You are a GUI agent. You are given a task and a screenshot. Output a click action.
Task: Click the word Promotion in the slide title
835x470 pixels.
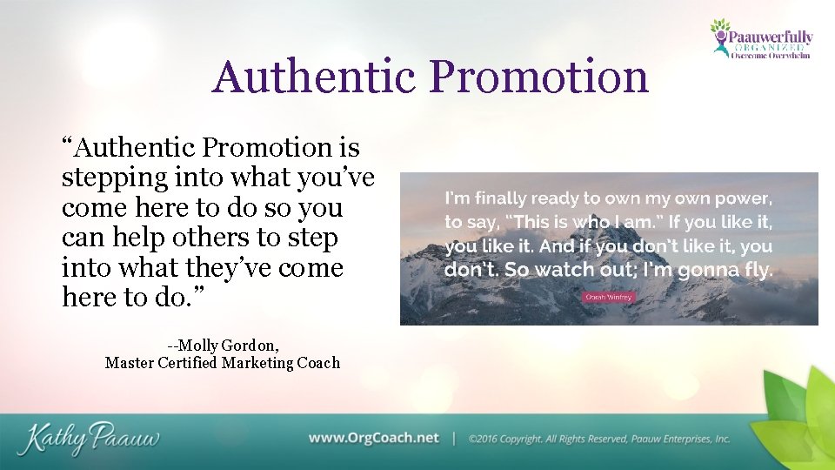click(x=540, y=77)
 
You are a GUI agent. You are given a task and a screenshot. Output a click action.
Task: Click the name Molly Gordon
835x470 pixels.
click(x=223, y=345)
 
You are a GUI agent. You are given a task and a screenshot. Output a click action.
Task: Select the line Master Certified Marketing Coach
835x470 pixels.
click(x=223, y=363)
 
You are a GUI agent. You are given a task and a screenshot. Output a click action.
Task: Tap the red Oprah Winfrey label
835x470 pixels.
click(x=608, y=296)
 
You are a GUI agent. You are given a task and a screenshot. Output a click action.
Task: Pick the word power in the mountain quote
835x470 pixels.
click(x=742, y=198)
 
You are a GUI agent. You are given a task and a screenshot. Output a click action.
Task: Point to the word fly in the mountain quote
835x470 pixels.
click(x=755, y=269)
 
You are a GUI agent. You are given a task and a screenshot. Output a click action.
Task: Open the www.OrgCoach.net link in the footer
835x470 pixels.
click(x=374, y=438)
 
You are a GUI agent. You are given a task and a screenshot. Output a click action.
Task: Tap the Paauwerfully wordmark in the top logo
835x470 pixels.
click(x=771, y=37)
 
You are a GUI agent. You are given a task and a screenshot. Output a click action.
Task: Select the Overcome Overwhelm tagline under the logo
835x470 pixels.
click(x=770, y=55)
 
